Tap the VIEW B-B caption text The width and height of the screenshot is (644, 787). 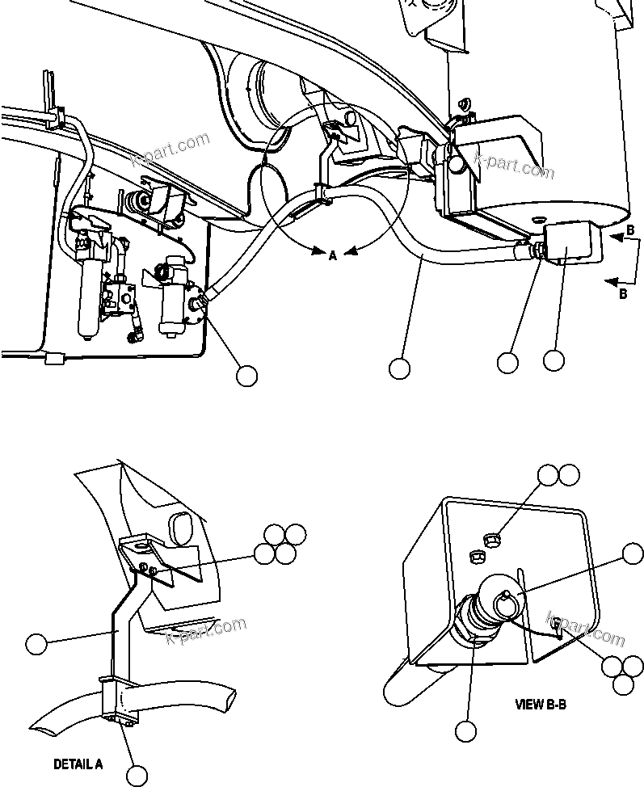(541, 704)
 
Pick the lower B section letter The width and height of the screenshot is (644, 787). (622, 294)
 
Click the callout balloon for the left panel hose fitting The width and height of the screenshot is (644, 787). (246, 375)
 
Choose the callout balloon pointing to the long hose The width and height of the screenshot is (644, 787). (399, 368)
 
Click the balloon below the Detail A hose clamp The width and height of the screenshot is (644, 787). (137, 774)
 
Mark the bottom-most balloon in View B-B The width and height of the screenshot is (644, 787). (465, 731)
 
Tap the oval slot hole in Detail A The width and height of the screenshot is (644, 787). (180, 526)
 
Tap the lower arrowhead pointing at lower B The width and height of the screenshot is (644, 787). (612, 281)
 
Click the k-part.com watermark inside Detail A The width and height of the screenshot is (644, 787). (205, 631)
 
